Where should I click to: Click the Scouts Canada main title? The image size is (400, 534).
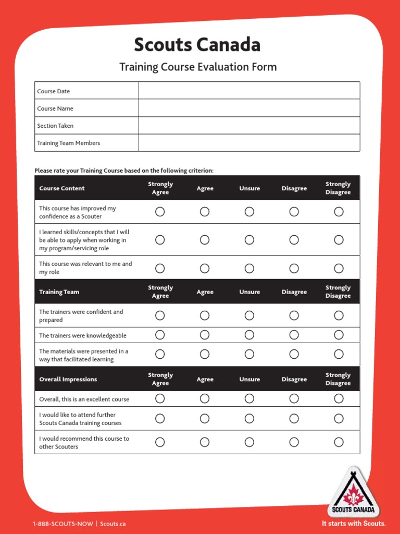pyautogui.click(x=197, y=45)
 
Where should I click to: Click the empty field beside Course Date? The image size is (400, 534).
pyautogui.click(x=249, y=91)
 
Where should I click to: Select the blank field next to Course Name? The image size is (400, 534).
pyautogui.click(x=249, y=108)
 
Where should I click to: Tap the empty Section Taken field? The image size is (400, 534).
pyautogui.click(x=249, y=126)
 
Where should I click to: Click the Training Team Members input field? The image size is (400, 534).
pyautogui.click(x=249, y=143)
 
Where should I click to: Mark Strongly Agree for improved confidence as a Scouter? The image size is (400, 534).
pyautogui.click(x=160, y=212)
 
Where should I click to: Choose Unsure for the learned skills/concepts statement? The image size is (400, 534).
pyautogui.click(x=249, y=240)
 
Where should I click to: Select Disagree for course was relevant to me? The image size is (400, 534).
pyautogui.click(x=294, y=268)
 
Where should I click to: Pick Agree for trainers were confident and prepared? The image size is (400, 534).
pyautogui.click(x=205, y=315)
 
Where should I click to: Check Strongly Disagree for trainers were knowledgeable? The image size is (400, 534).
pyautogui.click(x=339, y=335)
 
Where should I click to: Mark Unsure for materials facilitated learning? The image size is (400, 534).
pyautogui.click(x=249, y=355)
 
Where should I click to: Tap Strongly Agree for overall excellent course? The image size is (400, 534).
pyautogui.click(x=160, y=399)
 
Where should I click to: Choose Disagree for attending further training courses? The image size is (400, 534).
pyautogui.click(x=294, y=419)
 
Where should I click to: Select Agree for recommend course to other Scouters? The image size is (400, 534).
pyautogui.click(x=205, y=442)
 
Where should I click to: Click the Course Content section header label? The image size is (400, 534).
pyautogui.click(x=62, y=188)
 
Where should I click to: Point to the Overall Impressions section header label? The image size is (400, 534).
pyautogui.click(x=68, y=379)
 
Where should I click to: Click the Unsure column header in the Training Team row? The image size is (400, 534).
pyautogui.click(x=249, y=292)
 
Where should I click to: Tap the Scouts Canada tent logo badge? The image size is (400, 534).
pyautogui.click(x=354, y=492)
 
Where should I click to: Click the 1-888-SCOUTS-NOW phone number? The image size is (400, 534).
pyautogui.click(x=63, y=524)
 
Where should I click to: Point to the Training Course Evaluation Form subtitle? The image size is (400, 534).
pyautogui.click(x=198, y=67)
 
